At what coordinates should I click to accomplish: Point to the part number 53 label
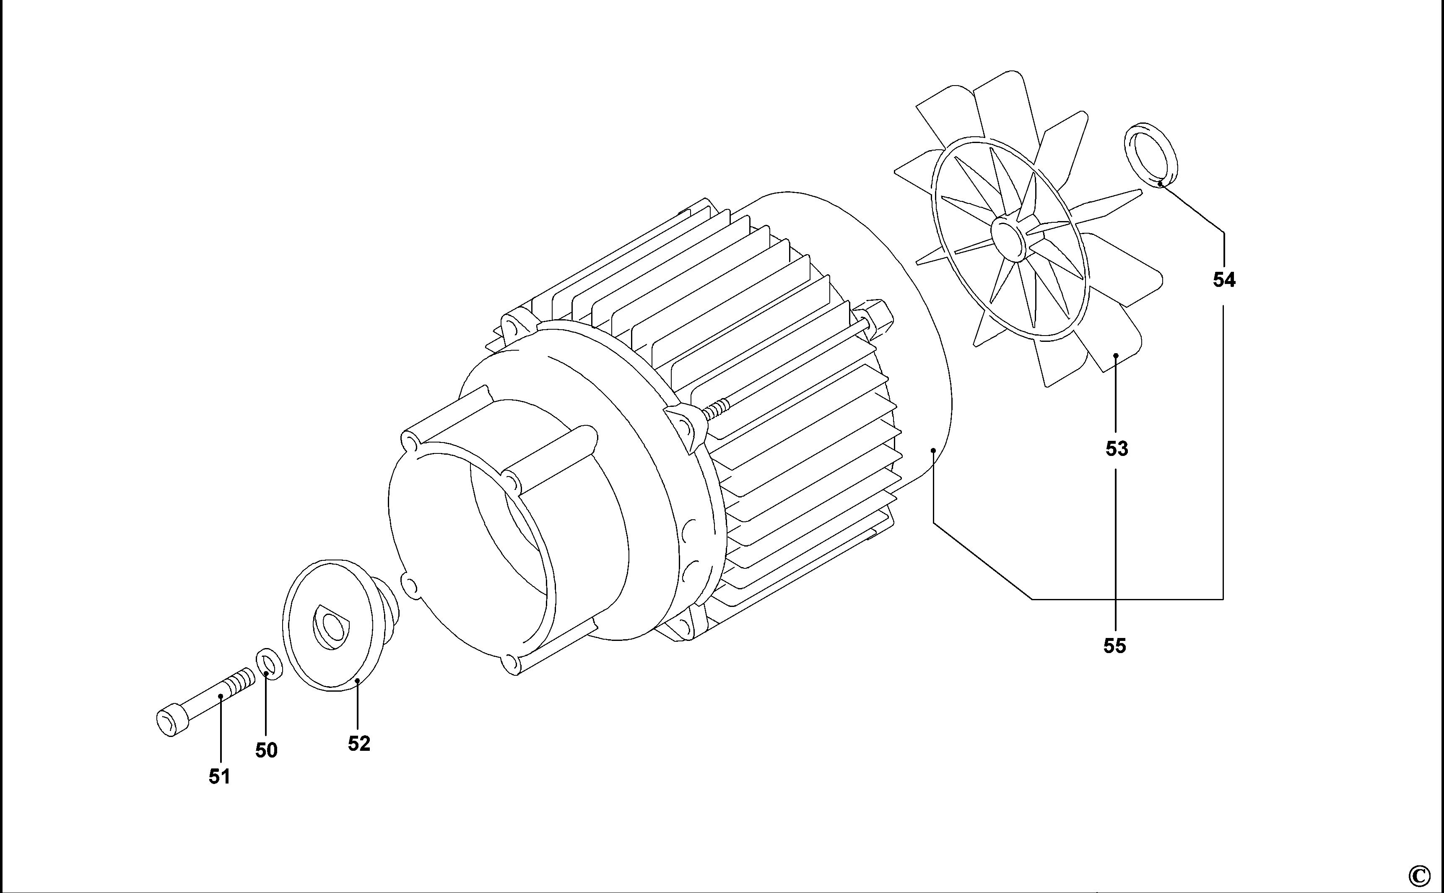(x=1117, y=449)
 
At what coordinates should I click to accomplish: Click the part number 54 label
(x=1224, y=279)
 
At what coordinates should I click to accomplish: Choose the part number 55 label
(x=1114, y=646)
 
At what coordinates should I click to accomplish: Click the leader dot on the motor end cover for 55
(x=933, y=450)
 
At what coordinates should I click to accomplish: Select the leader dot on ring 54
(x=1159, y=184)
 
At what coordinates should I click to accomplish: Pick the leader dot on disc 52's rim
(x=357, y=680)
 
